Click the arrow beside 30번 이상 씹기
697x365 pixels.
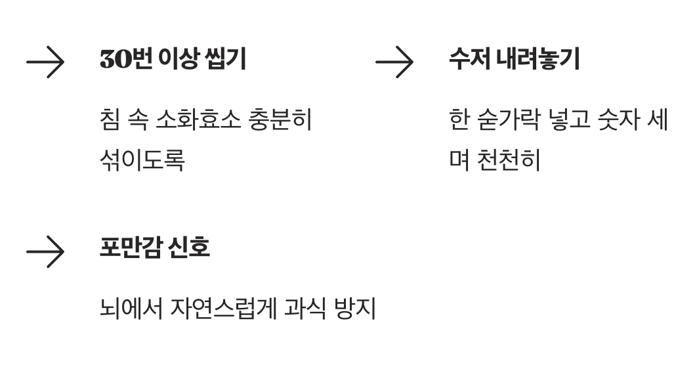pos(45,63)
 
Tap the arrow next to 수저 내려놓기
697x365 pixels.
pos(394,63)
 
